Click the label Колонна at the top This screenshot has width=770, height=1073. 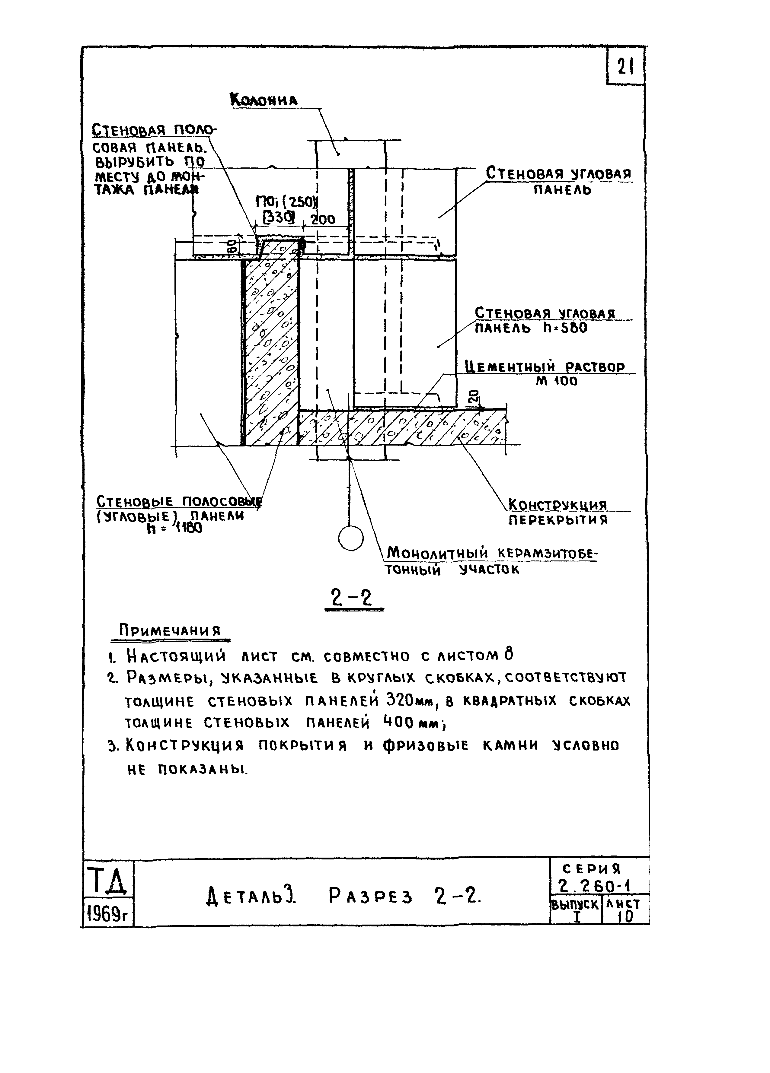[264, 100]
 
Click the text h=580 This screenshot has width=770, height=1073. [565, 328]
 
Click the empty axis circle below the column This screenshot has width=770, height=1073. [351, 538]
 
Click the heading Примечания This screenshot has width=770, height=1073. [170, 631]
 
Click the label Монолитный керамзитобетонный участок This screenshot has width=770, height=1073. [490, 560]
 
